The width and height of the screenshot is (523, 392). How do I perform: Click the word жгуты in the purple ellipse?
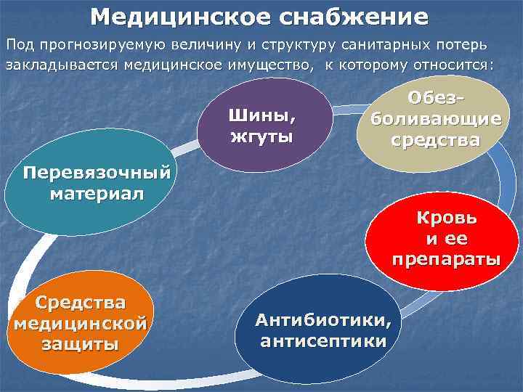tap(262, 136)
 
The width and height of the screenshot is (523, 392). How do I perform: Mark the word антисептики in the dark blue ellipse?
tap(323, 341)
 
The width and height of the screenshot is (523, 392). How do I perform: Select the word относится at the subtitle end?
tap(454, 65)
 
